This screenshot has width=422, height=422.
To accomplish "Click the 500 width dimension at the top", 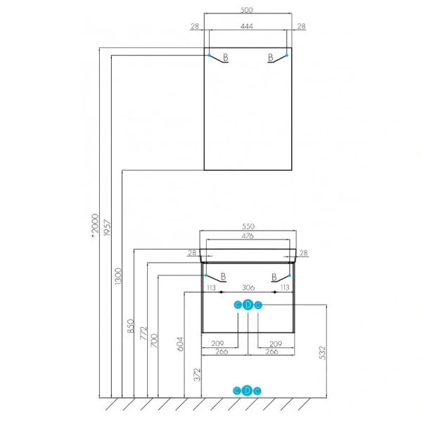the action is (247, 10).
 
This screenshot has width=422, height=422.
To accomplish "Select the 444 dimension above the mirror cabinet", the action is (247, 26).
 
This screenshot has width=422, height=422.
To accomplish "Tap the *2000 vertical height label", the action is (95, 226).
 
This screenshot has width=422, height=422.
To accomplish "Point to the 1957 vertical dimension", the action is (107, 228).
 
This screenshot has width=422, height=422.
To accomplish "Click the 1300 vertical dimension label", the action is (118, 276).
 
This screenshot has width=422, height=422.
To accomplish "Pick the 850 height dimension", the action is (130, 326).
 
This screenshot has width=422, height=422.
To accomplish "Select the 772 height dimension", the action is (143, 333).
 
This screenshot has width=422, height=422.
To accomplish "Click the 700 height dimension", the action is (154, 340).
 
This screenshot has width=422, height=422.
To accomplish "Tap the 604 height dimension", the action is (180, 344).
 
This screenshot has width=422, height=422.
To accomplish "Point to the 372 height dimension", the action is (197, 375).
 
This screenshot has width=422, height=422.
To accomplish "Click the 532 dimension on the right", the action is (322, 353).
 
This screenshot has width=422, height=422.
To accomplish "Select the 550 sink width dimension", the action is (248, 226).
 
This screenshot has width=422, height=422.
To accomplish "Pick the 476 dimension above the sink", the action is (248, 236).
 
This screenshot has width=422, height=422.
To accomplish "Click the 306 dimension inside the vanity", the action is (248, 288).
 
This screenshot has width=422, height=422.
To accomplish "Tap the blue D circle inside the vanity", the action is (248, 305).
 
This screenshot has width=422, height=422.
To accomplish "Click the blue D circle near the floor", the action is (247, 390).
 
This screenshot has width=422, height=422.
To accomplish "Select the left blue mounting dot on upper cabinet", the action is (209, 55).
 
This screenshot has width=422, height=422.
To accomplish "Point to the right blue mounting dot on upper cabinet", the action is (287, 55).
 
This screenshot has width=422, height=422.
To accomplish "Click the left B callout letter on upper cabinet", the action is (226, 57).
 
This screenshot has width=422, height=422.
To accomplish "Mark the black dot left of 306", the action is (222, 292).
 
